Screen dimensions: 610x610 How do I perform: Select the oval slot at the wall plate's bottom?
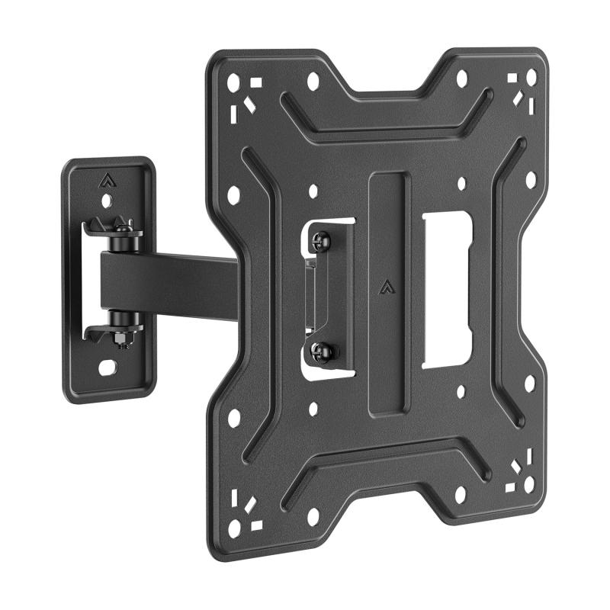tap(108, 368)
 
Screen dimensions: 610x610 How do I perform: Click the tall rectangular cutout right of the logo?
tap(446, 290)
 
